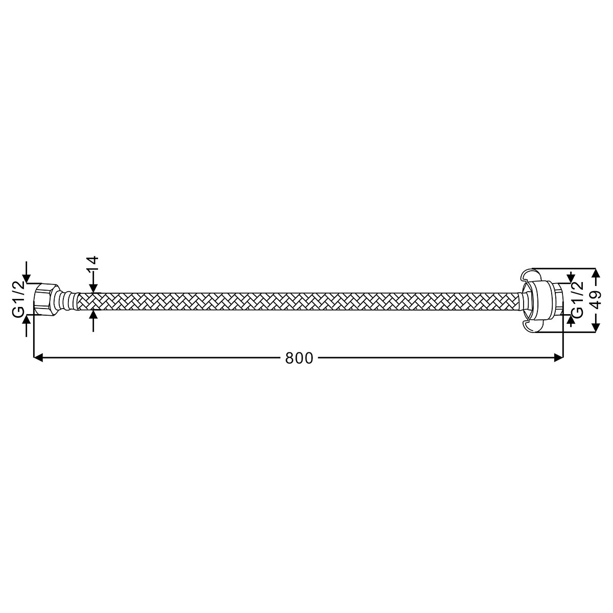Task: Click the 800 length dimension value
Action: coord(299,358)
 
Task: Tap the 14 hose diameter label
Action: coord(93,264)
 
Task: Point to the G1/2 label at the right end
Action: coord(578,300)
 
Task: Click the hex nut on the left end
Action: coord(46,299)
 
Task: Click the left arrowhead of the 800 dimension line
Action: coord(38,358)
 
